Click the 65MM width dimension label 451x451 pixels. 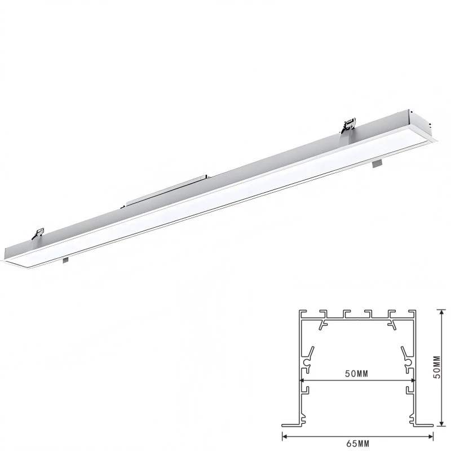click(357, 444)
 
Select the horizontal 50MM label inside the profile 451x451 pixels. click(357, 374)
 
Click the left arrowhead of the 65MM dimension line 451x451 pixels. click(285, 436)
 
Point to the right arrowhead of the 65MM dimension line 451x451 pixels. click(430, 436)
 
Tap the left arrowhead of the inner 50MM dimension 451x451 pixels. click(303, 381)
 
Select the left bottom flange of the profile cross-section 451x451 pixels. click(291, 425)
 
